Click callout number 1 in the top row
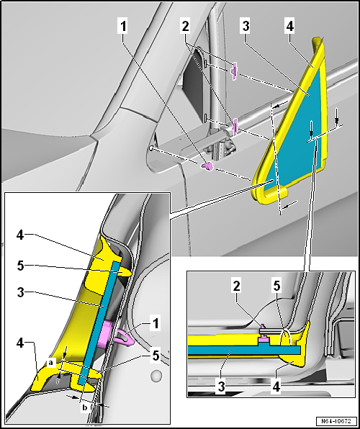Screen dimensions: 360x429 (x=123, y=27)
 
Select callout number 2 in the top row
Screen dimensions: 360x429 (x=185, y=27)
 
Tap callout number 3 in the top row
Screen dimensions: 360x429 (x=246, y=27)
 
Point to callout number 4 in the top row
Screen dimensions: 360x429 (x=290, y=27)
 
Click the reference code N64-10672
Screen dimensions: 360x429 (x=337, y=420)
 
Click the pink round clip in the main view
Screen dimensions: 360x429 (x=208, y=166)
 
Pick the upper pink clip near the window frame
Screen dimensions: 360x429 (x=234, y=71)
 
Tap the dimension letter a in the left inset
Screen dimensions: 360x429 (x=50, y=363)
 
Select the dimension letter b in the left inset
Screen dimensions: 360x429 (x=84, y=407)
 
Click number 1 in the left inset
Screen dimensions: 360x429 (x=155, y=324)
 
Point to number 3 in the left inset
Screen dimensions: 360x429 (x=21, y=292)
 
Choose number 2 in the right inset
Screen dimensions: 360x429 (x=237, y=286)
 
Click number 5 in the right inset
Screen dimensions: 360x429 (x=276, y=286)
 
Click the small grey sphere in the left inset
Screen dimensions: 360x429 (x=156, y=376)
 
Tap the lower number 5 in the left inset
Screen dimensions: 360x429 (x=155, y=356)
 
